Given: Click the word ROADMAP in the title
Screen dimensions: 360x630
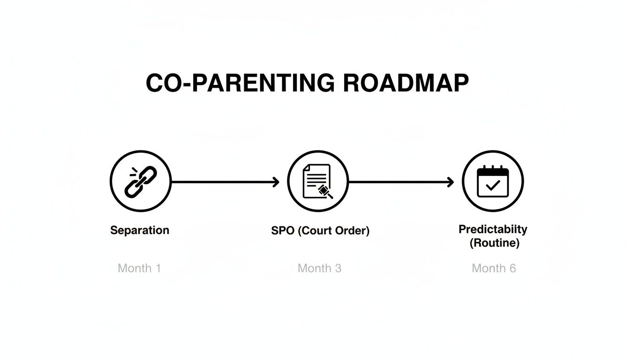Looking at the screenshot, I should coord(405,83).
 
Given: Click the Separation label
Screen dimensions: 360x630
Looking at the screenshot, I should coord(140,230).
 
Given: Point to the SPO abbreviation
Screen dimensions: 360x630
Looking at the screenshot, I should coord(283,231).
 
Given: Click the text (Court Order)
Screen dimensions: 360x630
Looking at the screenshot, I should coord(334,231).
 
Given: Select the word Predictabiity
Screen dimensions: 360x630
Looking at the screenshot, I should coord(493,229).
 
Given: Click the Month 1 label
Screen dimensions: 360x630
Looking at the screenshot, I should coord(139,268).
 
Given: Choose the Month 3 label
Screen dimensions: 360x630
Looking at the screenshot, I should coord(319,268).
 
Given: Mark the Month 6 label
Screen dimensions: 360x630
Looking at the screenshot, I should coord(494,268).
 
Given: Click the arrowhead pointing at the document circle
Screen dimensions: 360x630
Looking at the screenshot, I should coord(276,182).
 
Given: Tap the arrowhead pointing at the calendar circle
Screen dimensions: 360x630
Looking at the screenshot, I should coord(451,182).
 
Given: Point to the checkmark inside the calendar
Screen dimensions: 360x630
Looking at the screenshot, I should coord(493,186).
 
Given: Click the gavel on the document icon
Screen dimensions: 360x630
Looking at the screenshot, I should coord(325,191).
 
